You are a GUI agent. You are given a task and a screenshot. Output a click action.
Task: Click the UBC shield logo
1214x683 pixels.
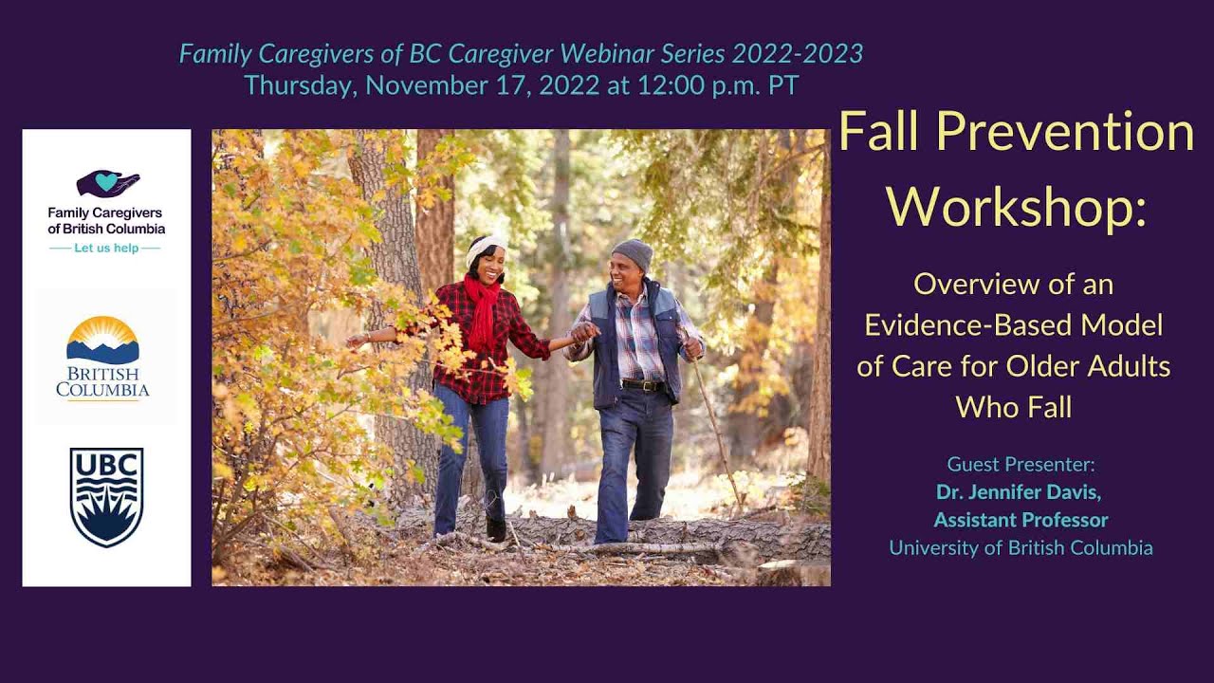coord(106,497)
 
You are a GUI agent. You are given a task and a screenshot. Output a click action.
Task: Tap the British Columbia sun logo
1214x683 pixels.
coord(102,341)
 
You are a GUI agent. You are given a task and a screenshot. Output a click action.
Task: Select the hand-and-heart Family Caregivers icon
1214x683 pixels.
coord(107,183)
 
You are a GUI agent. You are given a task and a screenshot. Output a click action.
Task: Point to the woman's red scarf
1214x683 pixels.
coord(482,308)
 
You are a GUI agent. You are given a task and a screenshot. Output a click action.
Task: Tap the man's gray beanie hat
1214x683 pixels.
coord(633,253)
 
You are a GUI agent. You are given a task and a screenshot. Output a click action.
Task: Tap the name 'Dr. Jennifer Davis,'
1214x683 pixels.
coord(1019,492)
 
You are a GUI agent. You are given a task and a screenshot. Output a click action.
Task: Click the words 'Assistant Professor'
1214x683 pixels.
coord(1021,520)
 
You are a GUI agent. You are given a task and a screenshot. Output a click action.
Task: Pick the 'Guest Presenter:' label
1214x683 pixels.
coord(1021,465)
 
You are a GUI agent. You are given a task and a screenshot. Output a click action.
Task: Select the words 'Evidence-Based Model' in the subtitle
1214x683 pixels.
coord(1013,325)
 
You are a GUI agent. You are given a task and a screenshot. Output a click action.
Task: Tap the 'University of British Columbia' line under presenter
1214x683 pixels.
coord(1021,547)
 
